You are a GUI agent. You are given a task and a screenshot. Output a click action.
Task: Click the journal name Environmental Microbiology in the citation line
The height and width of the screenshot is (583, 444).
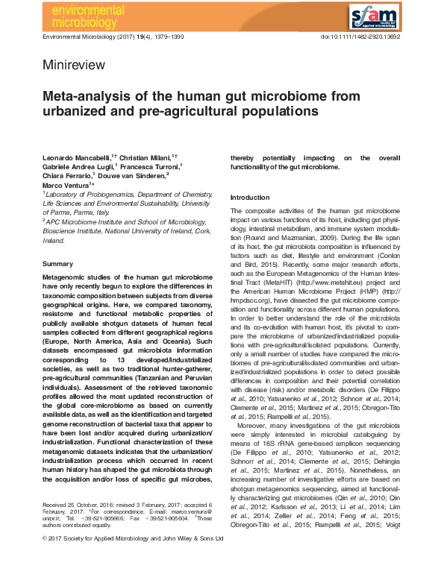coord(89,37)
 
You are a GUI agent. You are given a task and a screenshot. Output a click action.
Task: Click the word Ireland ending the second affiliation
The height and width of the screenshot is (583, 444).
coord(54,241)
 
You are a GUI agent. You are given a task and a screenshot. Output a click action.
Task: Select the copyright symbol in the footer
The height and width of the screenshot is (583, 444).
coord(46,558)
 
